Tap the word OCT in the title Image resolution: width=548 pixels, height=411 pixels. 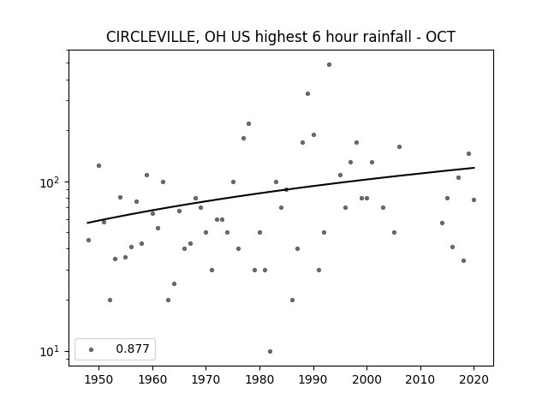(440, 37)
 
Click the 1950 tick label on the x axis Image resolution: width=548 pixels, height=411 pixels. (99, 379)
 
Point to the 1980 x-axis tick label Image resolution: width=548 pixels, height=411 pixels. (259, 379)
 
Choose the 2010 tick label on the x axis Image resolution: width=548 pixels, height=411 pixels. (420, 379)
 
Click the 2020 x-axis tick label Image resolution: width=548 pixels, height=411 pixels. (474, 379)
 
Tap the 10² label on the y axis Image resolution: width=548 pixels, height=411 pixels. (51, 182)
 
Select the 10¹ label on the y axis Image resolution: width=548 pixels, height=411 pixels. (51, 352)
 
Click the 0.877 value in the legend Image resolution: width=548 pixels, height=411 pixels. (133, 348)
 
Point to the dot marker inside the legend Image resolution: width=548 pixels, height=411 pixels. (92, 349)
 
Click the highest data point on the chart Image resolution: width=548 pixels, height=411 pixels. (329, 65)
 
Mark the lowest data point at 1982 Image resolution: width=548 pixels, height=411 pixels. (271, 352)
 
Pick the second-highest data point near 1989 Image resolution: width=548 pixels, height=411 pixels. (308, 93)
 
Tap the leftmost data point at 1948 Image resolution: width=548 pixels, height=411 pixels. (88, 240)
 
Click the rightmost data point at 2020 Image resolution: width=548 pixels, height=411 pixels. (474, 200)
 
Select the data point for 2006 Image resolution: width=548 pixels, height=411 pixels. (400, 146)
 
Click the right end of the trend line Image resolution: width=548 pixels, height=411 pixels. (474, 168)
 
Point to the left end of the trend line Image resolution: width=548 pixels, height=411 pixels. (87, 223)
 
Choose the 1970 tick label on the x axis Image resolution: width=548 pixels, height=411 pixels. (205, 379)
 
